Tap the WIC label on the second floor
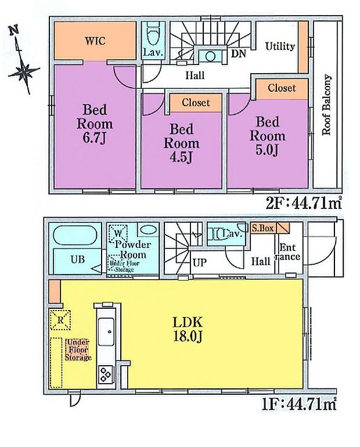coord(95,41)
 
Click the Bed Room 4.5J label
coord(181,143)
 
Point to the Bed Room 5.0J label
coord(268,136)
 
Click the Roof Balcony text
coord(326,105)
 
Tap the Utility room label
coord(280,46)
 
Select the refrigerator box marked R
coord(59,318)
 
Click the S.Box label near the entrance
coord(262,229)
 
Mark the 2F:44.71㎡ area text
coord(303,203)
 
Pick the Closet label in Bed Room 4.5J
coord(196,103)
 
